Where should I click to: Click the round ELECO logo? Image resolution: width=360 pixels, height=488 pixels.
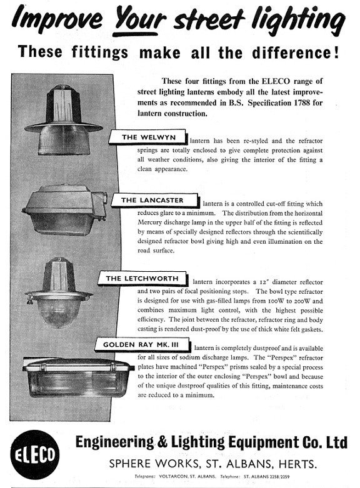click(34, 454)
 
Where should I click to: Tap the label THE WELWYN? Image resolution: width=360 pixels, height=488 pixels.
click(148, 137)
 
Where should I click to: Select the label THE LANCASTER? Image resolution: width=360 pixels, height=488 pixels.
click(155, 201)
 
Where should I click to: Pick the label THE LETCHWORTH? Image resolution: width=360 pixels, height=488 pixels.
click(142, 279)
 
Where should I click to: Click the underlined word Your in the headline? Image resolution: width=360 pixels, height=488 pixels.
click(139, 19)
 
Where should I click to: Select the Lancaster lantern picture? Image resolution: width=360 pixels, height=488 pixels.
click(64, 209)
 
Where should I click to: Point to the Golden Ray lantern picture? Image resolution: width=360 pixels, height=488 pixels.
click(77, 377)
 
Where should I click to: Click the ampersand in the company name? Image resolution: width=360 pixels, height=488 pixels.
click(162, 442)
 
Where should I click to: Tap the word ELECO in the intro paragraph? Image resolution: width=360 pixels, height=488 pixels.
click(276, 81)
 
